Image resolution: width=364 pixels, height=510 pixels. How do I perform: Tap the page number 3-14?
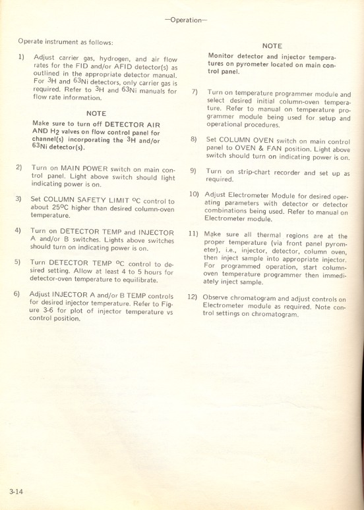[17, 491]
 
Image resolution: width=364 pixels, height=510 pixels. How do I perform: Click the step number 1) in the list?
[21, 58]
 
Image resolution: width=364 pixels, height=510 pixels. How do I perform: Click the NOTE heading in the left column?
[97, 113]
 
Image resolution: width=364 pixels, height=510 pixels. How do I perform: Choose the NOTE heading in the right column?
[272, 46]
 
